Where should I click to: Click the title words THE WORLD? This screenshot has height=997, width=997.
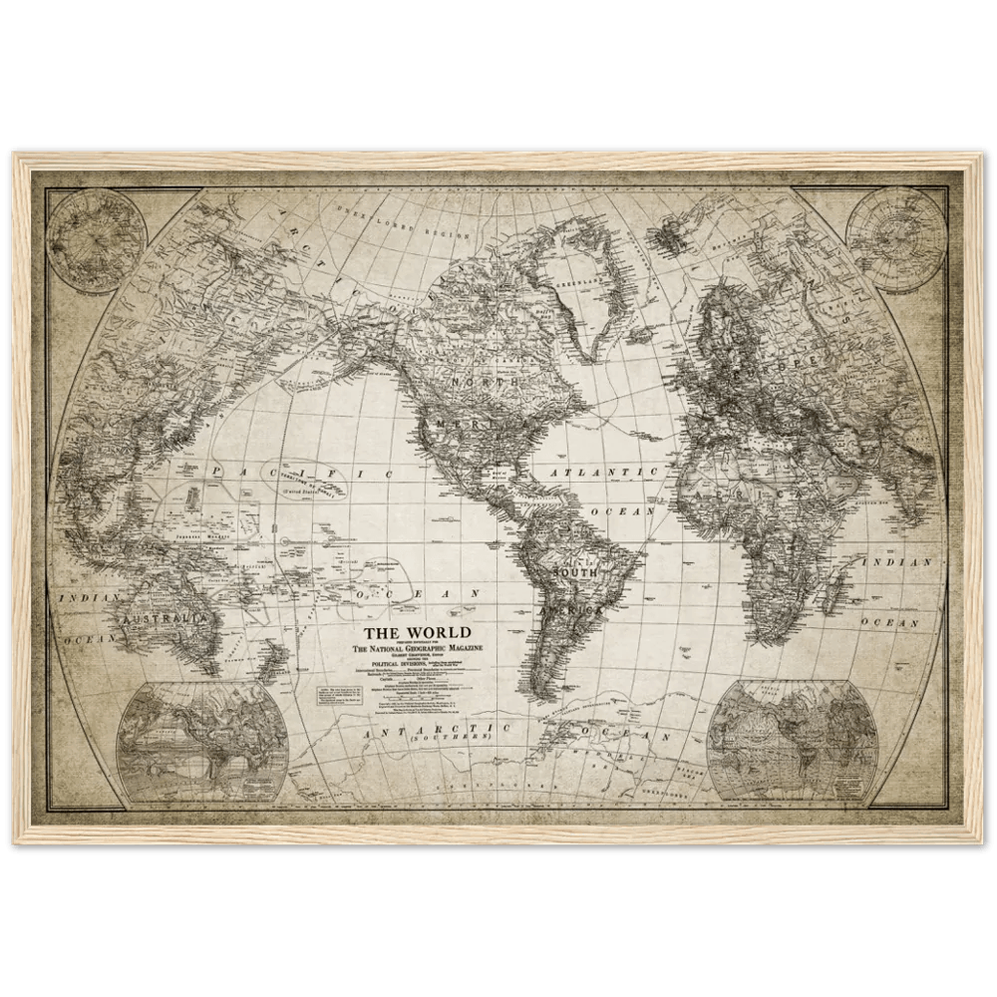coord(416,632)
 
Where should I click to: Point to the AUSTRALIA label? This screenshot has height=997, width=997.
coord(167,618)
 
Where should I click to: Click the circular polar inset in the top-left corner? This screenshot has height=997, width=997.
coord(96,239)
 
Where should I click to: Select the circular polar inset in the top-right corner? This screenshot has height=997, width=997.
coord(895,239)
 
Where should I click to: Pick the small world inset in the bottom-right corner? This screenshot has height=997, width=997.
coord(793,739)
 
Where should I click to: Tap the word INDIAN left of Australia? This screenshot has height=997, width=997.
coord(90,597)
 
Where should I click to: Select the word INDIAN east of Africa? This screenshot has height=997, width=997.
coord(907,562)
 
